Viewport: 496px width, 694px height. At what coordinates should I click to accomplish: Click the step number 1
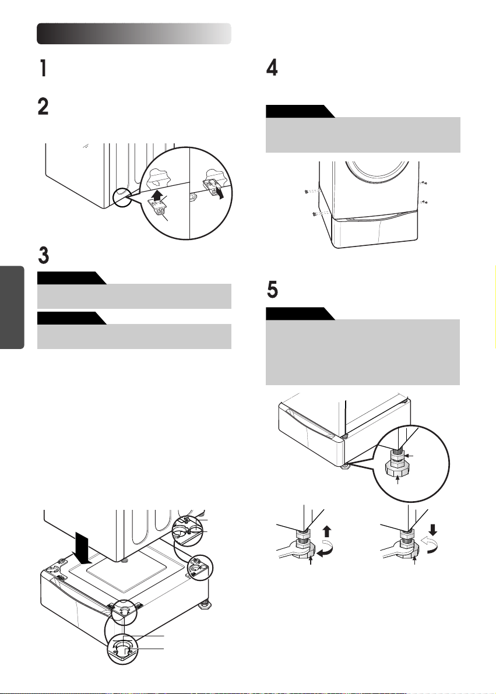pyautogui.click(x=43, y=69)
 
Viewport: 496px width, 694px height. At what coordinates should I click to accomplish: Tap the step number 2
pyautogui.click(x=43, y=107)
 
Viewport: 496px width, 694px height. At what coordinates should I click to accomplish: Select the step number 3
pyautogui.click(x=43, y=255)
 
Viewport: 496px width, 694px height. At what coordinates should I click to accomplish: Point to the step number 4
pyautogui.click(x=272, y=68)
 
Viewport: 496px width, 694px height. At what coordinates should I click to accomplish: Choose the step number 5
pyautogui.click(x=272, y=290)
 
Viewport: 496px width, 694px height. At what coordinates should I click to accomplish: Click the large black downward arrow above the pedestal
pyautogui.click(x=83, y=548)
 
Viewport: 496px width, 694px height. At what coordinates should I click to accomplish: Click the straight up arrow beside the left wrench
pyautogui.click(x=327, y=531)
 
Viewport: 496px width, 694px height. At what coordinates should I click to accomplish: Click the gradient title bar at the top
pyautogui.click(x=133, y=34)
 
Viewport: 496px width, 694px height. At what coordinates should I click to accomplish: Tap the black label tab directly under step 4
pyautogui.click(x=300, y=111)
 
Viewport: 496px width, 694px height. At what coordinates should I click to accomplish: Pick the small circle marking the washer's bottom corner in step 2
pyautogui.click(x=122, y=197)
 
